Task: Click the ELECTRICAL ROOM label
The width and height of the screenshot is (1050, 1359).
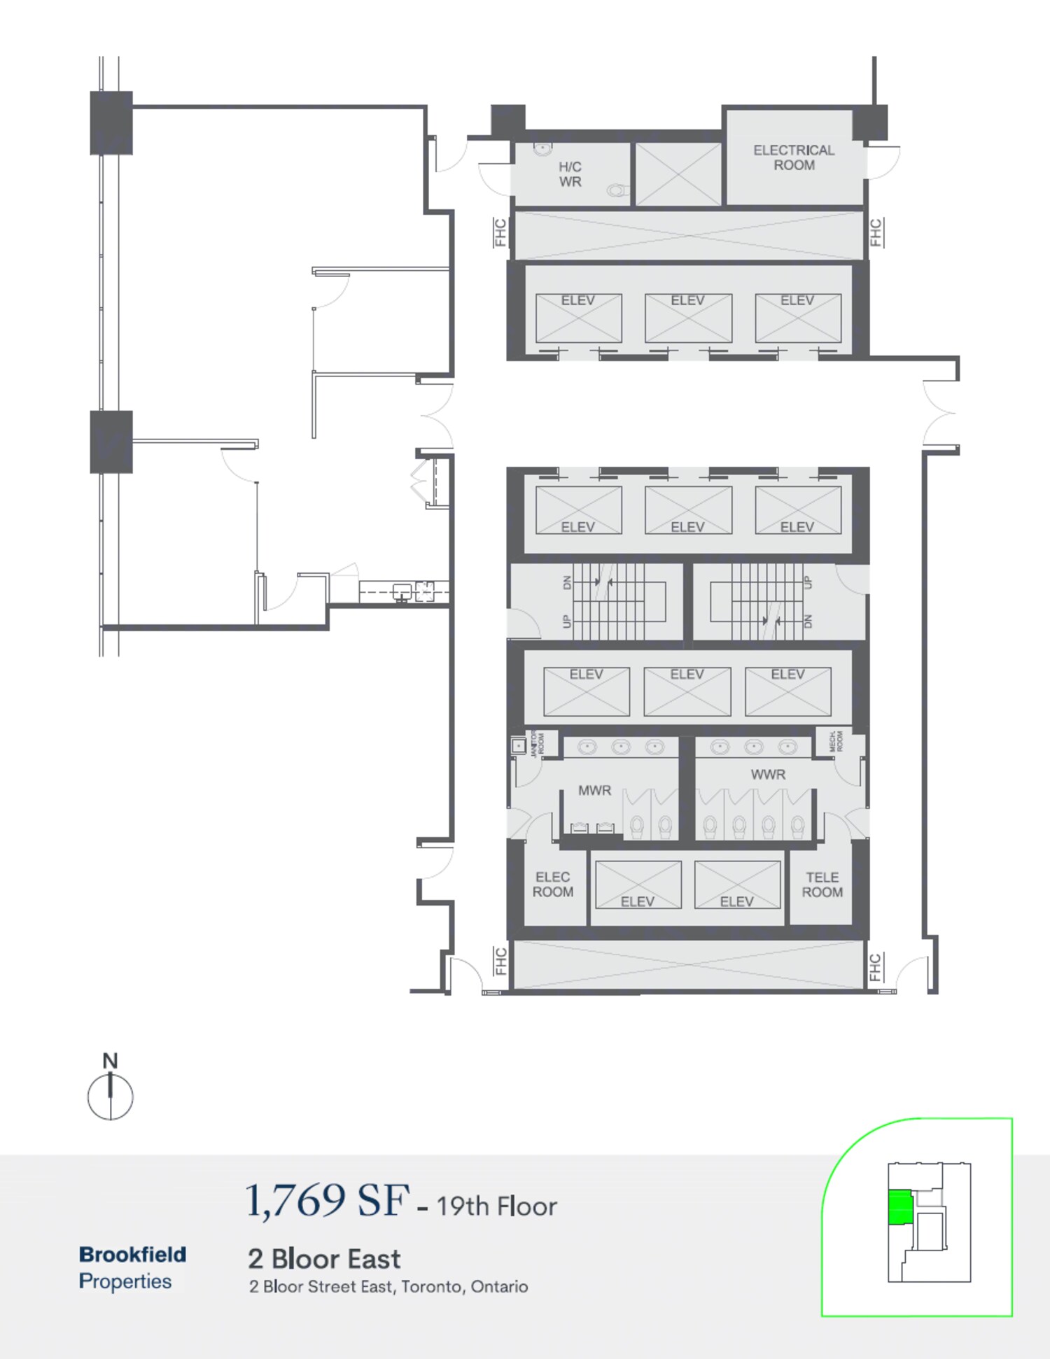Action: [x=794, y=157]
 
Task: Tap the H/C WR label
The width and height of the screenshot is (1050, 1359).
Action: [x=570, y=174]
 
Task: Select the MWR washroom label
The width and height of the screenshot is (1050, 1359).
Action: [x=594, y=790]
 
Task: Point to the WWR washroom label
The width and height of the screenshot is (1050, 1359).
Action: [x=768, y=775]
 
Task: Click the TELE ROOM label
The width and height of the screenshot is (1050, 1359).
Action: [x=822, y=885]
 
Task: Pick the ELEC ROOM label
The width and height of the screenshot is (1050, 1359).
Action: [x=552, y=885]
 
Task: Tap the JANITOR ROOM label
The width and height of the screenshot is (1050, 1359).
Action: [x=538, y=743]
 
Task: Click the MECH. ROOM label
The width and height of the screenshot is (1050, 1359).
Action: [x=836, y=741]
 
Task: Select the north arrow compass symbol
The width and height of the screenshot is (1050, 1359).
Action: [x=110, y=1089]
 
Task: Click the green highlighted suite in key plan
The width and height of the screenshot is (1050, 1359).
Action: [x=900, y=1207]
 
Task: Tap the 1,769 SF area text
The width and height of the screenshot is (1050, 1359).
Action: [x=326, y=1201]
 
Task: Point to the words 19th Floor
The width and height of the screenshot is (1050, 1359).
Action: [x=496, y=1206]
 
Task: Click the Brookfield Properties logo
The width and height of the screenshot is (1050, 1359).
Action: [x=132, y=1267]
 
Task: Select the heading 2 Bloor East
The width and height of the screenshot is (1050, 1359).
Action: [x=324, y=1259]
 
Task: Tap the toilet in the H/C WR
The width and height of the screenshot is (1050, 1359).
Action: [x=617, y=190]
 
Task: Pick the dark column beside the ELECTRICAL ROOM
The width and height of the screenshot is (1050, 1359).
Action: [x=870, y=122]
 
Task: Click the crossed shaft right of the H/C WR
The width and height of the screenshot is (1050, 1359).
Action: [x=678, y=174]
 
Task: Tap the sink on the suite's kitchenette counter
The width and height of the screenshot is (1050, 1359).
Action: [x=402, y=592]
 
